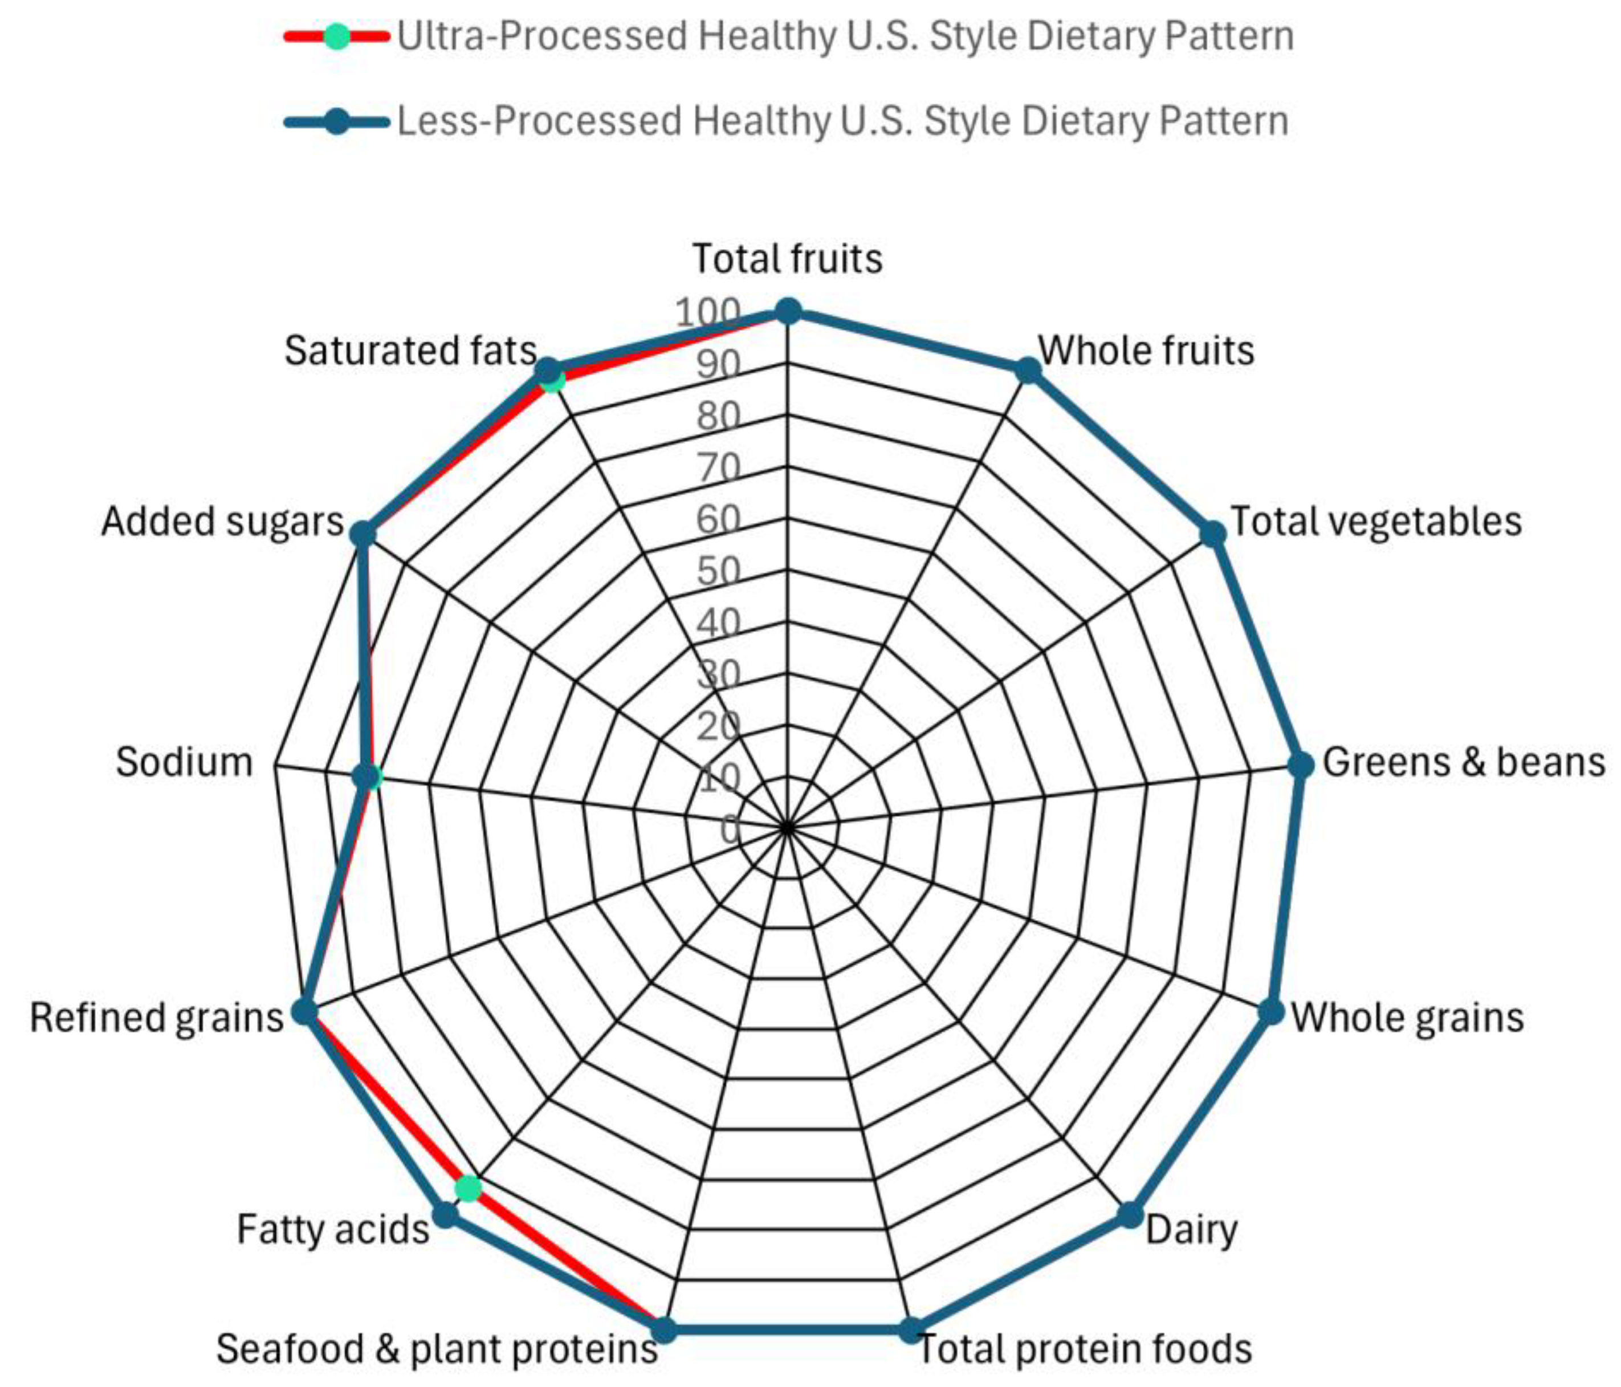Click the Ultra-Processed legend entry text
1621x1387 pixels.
(845, 36)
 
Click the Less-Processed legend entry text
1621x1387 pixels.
(842, 121)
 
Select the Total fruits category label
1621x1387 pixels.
(787, 259)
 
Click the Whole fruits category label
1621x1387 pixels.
(1145, 351)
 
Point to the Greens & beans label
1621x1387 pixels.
(1463, 762)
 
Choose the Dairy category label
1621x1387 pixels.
(1191, 1229)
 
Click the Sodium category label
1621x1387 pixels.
(185, 762)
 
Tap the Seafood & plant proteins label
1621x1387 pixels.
(437, 1348)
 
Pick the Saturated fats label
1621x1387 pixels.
(410, 351)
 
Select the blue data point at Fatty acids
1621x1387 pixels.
(445, 1215)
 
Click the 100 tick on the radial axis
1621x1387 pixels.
(707, 313)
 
